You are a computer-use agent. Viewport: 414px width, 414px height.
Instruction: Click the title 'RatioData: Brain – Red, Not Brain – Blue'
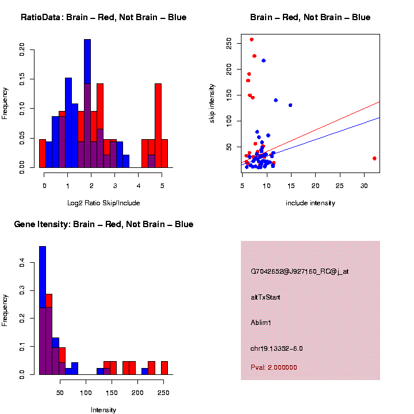103,17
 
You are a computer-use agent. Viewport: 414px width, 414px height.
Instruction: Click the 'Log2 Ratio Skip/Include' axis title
103,202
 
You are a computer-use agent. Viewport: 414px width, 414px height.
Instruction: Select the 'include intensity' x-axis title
310,202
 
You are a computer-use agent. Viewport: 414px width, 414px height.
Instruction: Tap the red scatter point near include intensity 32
374,158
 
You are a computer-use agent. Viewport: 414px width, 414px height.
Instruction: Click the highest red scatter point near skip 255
251,40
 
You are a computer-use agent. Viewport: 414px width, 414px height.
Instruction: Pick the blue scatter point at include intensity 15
290,105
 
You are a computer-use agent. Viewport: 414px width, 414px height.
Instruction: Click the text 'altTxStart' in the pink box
265,297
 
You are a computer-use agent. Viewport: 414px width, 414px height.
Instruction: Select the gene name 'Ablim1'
261,323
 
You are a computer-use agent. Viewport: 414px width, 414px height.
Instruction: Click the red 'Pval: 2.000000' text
274,367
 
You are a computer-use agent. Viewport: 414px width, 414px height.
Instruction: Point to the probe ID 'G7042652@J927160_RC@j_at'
300,271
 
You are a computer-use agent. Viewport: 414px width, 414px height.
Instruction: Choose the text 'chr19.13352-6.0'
277,348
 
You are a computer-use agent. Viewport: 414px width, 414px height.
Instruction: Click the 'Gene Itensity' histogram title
103,224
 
